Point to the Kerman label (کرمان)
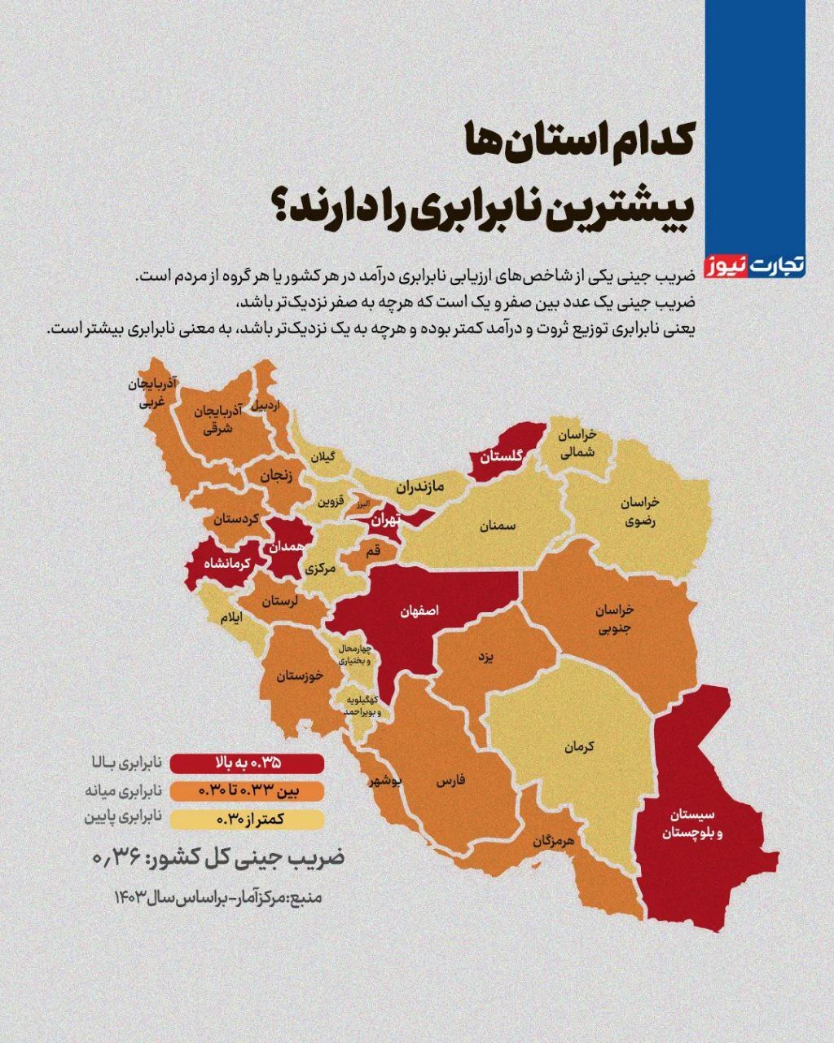[x=578, y=746]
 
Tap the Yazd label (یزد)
[x=485, y=657]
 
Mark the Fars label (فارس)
[x=450, y=781]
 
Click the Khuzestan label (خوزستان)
[x=300, y=676]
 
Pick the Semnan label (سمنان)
[x=498, y=526]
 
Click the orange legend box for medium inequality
[x=252, y=790]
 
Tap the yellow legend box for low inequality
[x=252, y=818]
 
